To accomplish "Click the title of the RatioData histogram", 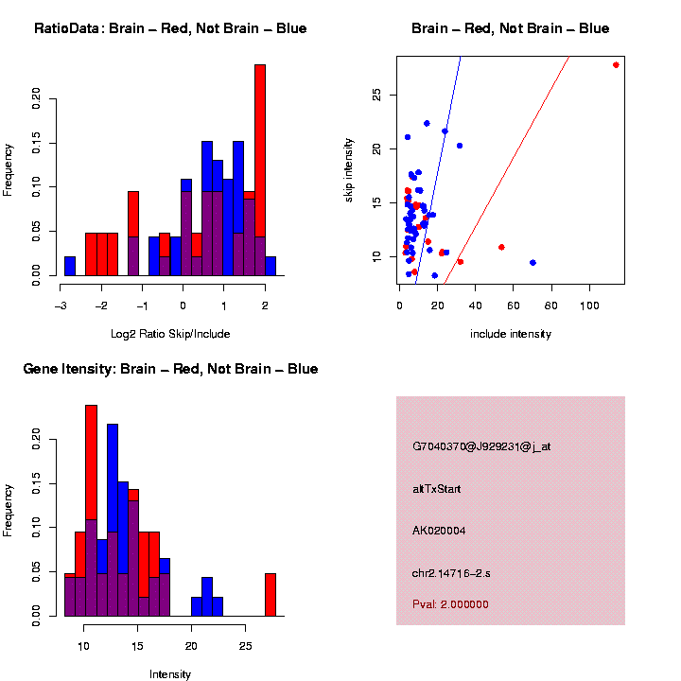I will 170,29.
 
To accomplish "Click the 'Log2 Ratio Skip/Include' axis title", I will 170,333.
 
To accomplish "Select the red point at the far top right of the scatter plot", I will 616,65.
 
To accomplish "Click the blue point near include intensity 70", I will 533,262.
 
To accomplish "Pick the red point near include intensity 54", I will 501,247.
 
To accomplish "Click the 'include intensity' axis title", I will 511,334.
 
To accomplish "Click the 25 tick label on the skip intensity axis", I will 376,96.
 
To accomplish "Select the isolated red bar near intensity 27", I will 271,594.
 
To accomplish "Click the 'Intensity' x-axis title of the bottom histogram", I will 170,674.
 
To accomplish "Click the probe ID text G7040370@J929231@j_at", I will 481,446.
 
